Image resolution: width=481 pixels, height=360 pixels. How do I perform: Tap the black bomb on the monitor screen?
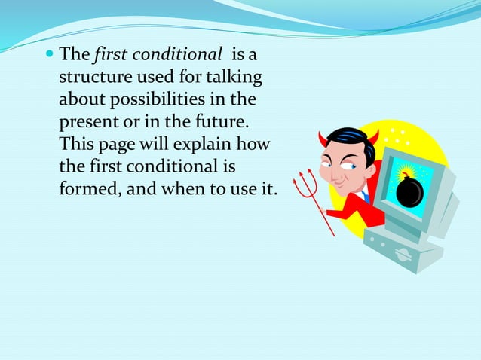409,191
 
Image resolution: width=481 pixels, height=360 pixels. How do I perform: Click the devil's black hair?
350,141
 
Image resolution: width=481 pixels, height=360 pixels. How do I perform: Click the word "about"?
83,99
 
